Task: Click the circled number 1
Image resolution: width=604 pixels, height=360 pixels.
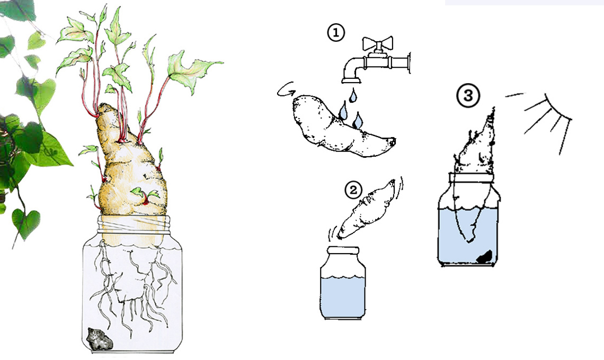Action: click(335, 32)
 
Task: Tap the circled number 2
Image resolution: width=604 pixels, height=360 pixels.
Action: click(353, 190)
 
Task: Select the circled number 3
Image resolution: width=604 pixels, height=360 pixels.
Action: click(468, 95)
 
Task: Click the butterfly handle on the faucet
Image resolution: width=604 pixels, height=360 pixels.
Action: click(377, 44)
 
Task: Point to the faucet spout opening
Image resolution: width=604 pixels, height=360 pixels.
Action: click(351, 80)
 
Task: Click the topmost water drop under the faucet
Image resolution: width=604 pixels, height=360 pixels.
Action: click(352, 95)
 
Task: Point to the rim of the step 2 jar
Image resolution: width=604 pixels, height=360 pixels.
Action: click(343, 250)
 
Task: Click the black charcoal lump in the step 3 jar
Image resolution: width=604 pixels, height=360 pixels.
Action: click(485, 257)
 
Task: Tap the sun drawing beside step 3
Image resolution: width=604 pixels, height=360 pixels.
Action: click(547, 119)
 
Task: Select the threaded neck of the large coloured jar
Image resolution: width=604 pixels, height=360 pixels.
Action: click(134, 224)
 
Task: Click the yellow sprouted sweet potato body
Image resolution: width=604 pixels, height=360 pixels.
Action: click(131, 173)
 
